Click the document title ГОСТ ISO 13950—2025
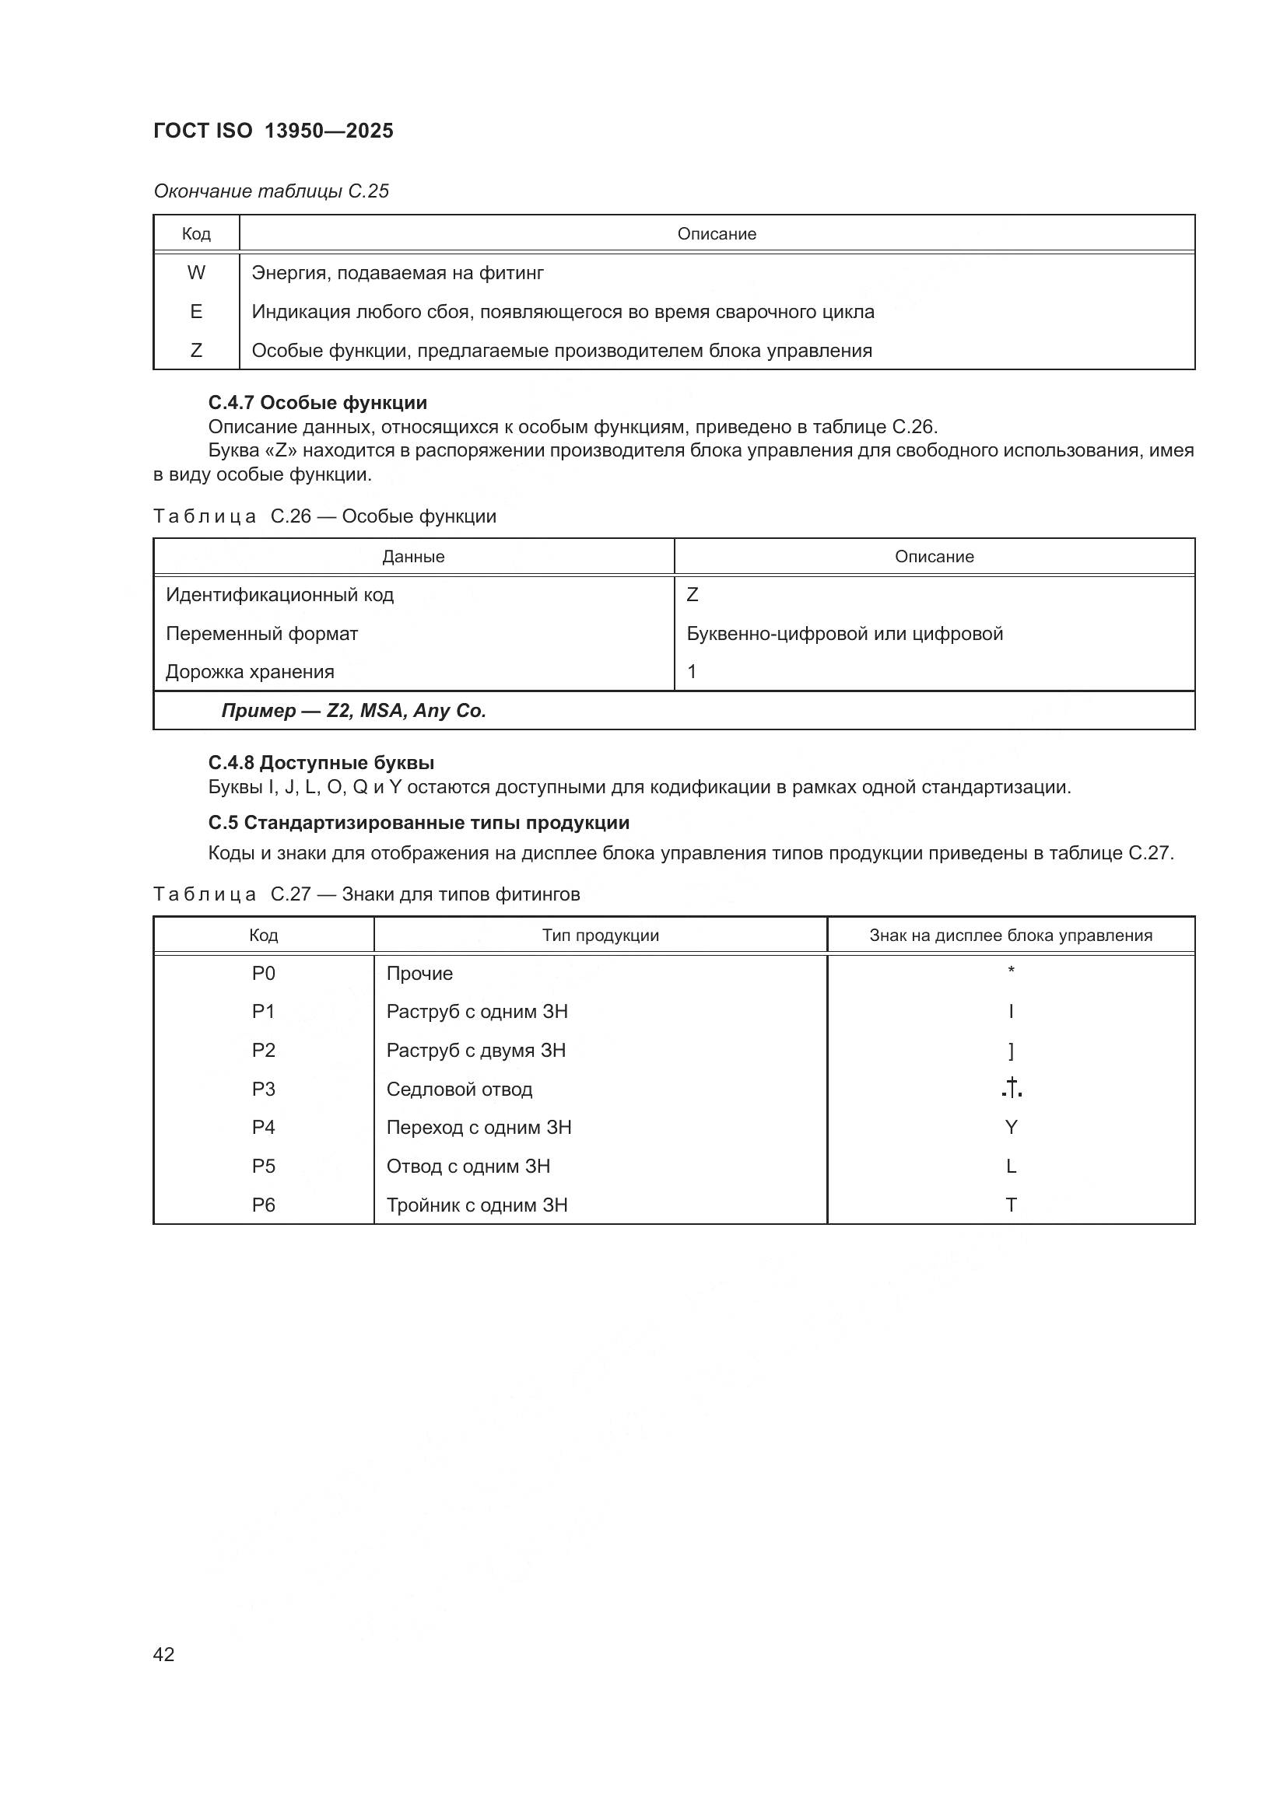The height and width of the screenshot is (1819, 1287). (273, 131)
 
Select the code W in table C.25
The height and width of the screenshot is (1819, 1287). (196, 272)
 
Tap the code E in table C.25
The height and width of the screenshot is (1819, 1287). (196, 311)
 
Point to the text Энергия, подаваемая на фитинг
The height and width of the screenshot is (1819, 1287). (398, 272)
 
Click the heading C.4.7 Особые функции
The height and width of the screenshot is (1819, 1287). (317, 403)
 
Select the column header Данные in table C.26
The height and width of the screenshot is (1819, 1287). (413, 556)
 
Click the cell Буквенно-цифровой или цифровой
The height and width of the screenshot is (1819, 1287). (845, 633)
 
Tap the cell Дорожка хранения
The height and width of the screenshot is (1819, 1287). (250, 671)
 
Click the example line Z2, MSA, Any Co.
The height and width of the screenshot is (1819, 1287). (353, 711)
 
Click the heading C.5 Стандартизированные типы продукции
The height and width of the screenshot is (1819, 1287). (419, 822)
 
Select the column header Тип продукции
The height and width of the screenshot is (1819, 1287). (601, 935)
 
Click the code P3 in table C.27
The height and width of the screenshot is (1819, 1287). (263, 1089)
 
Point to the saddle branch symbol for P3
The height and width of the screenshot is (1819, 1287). (1012, 1089)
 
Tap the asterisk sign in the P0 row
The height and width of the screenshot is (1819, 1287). (1012, 971)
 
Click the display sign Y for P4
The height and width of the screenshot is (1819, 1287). (1012, 1128)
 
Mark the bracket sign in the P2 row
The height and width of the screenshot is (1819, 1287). (1012, 1051)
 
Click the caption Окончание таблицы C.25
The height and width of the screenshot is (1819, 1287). (271, 191)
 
